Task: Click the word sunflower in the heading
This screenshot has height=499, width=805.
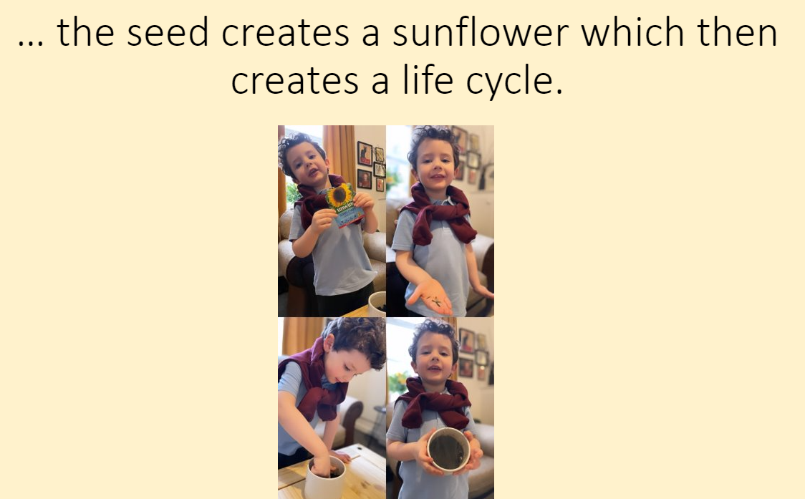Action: point(481,32)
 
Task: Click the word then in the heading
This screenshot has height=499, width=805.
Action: point(737,32)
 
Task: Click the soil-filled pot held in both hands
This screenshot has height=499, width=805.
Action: point(449,450)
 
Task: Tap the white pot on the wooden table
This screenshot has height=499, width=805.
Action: point(325,478)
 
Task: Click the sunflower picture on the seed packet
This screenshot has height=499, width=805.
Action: point(339,195)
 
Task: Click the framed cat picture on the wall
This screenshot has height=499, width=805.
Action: point(365,153)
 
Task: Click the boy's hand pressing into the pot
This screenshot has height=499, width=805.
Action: point(322,465)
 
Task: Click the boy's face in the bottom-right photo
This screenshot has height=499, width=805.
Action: point(434,358)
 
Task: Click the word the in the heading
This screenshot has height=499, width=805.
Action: point(85,32)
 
